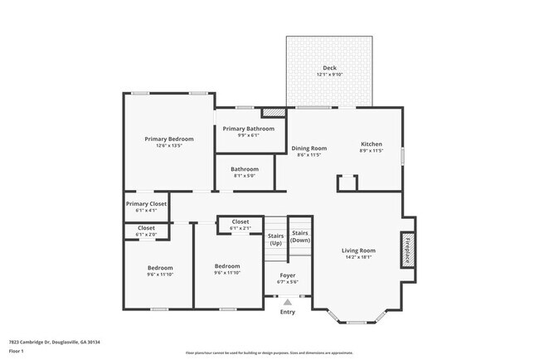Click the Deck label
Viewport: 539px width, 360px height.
pos(329,68)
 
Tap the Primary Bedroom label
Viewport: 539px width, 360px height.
pos(169,139)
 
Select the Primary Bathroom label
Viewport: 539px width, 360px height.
pos(249,129)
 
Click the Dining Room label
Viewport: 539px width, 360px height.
pos(308,148)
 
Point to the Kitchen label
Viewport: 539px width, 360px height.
pos(371,144)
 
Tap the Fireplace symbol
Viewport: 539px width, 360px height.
pos(407,250)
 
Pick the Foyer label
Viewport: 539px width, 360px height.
pos(287,275)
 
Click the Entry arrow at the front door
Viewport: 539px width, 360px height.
pos(288,302)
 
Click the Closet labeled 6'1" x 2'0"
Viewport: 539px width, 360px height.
pos(146,228)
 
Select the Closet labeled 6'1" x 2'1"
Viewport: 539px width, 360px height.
pos(240,221)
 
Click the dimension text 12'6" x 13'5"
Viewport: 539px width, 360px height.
pos(169,146)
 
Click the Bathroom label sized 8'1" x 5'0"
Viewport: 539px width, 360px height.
pos(244,169)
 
